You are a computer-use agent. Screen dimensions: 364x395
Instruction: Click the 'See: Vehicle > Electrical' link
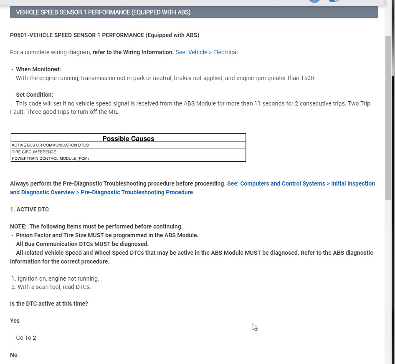click(x=206, y=52)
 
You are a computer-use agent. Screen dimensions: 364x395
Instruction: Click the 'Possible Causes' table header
click(x=128, y=139)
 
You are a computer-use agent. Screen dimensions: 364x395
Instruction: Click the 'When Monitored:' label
click(x=38, y=69)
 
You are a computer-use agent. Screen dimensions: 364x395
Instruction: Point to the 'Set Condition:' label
click(x=35, y=95)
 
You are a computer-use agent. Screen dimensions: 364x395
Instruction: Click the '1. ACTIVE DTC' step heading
click(x=29, y=209)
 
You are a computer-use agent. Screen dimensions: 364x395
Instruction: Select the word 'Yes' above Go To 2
click(x=15, y=321)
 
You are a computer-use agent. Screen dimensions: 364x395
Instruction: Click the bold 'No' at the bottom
click(x=14, y=355)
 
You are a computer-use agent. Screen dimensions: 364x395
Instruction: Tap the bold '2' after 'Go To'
click(x=34, y=338)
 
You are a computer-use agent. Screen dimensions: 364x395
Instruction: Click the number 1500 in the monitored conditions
click(x=307, y=78)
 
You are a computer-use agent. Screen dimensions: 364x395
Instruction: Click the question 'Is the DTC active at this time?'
click(x=49, y=304)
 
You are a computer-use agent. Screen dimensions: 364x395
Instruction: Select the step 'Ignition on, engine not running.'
click(x=58, y=279)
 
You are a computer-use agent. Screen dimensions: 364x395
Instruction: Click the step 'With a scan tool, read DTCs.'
click(x=54, y=287)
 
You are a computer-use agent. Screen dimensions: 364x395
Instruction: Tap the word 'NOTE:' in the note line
click(x=18, y=226)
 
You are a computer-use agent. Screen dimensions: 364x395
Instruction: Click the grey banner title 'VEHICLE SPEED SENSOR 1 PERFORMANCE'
click(x=103, y=13)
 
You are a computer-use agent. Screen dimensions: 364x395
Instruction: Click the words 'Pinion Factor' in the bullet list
click(x=35, y=235)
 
